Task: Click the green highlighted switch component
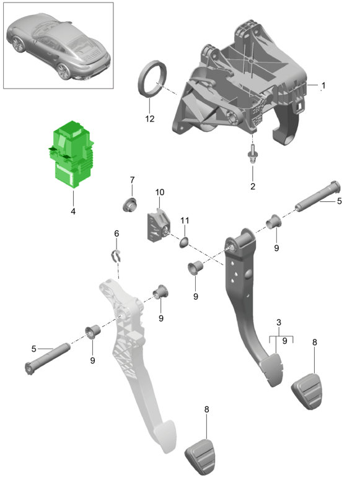click(71, 154)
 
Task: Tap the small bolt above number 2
click(252, 155)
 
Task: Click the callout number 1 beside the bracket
click(323, 85)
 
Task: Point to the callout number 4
click(73, 211)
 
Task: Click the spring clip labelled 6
click(116, 256)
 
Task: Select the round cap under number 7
click(130, 204)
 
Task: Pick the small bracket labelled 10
click(158, 225)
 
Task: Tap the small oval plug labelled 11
click(184, 242)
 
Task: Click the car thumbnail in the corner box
click(58, 46)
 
